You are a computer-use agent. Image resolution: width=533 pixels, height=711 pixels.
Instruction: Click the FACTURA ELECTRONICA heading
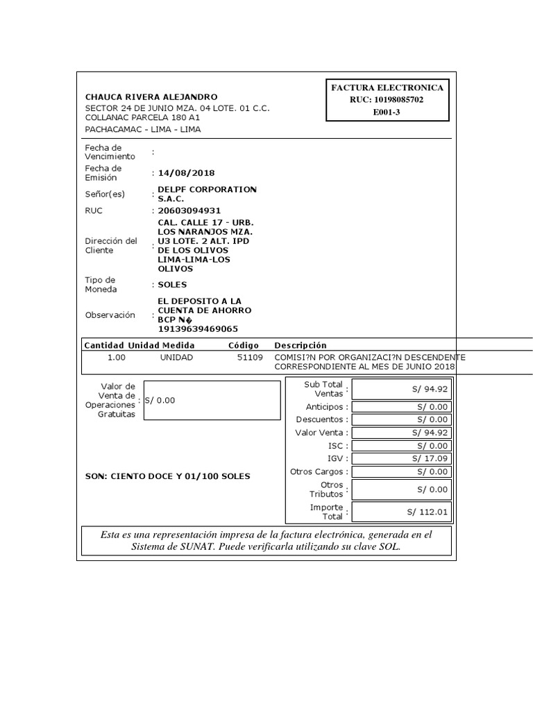[x=387, y=87]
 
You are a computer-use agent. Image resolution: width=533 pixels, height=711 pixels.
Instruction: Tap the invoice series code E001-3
[x=387, y=112]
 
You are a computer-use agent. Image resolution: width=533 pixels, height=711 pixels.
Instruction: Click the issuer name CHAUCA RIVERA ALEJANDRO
[x=151, y=97]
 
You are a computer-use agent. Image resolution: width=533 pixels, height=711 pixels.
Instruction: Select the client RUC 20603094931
[x=189, y=210]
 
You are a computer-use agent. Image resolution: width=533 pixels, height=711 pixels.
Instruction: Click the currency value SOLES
[x=172, y=285]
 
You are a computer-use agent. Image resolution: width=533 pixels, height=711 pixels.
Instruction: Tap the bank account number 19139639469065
[x=198, y=328]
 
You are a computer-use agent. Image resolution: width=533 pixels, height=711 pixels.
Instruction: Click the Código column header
[x=243, y=345]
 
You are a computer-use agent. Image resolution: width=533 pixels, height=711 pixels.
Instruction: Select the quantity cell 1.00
[x=117, y=357]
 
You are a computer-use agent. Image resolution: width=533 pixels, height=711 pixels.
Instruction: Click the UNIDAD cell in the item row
[x=176, y=357]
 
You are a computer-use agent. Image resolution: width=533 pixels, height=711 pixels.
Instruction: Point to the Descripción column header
[x=301, y=345]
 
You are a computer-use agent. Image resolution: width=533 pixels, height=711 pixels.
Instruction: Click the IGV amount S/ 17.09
[x=430, y=459]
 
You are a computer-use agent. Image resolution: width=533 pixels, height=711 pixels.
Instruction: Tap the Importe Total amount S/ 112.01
[x=428, y=512]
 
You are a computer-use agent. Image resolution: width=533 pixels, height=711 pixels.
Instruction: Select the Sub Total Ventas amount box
[x=402, y=390]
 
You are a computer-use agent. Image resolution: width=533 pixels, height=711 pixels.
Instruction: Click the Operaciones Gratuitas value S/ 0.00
[x=160, y=401]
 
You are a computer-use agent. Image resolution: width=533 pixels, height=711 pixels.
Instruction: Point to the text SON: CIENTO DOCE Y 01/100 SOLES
[x=167, y=476]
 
